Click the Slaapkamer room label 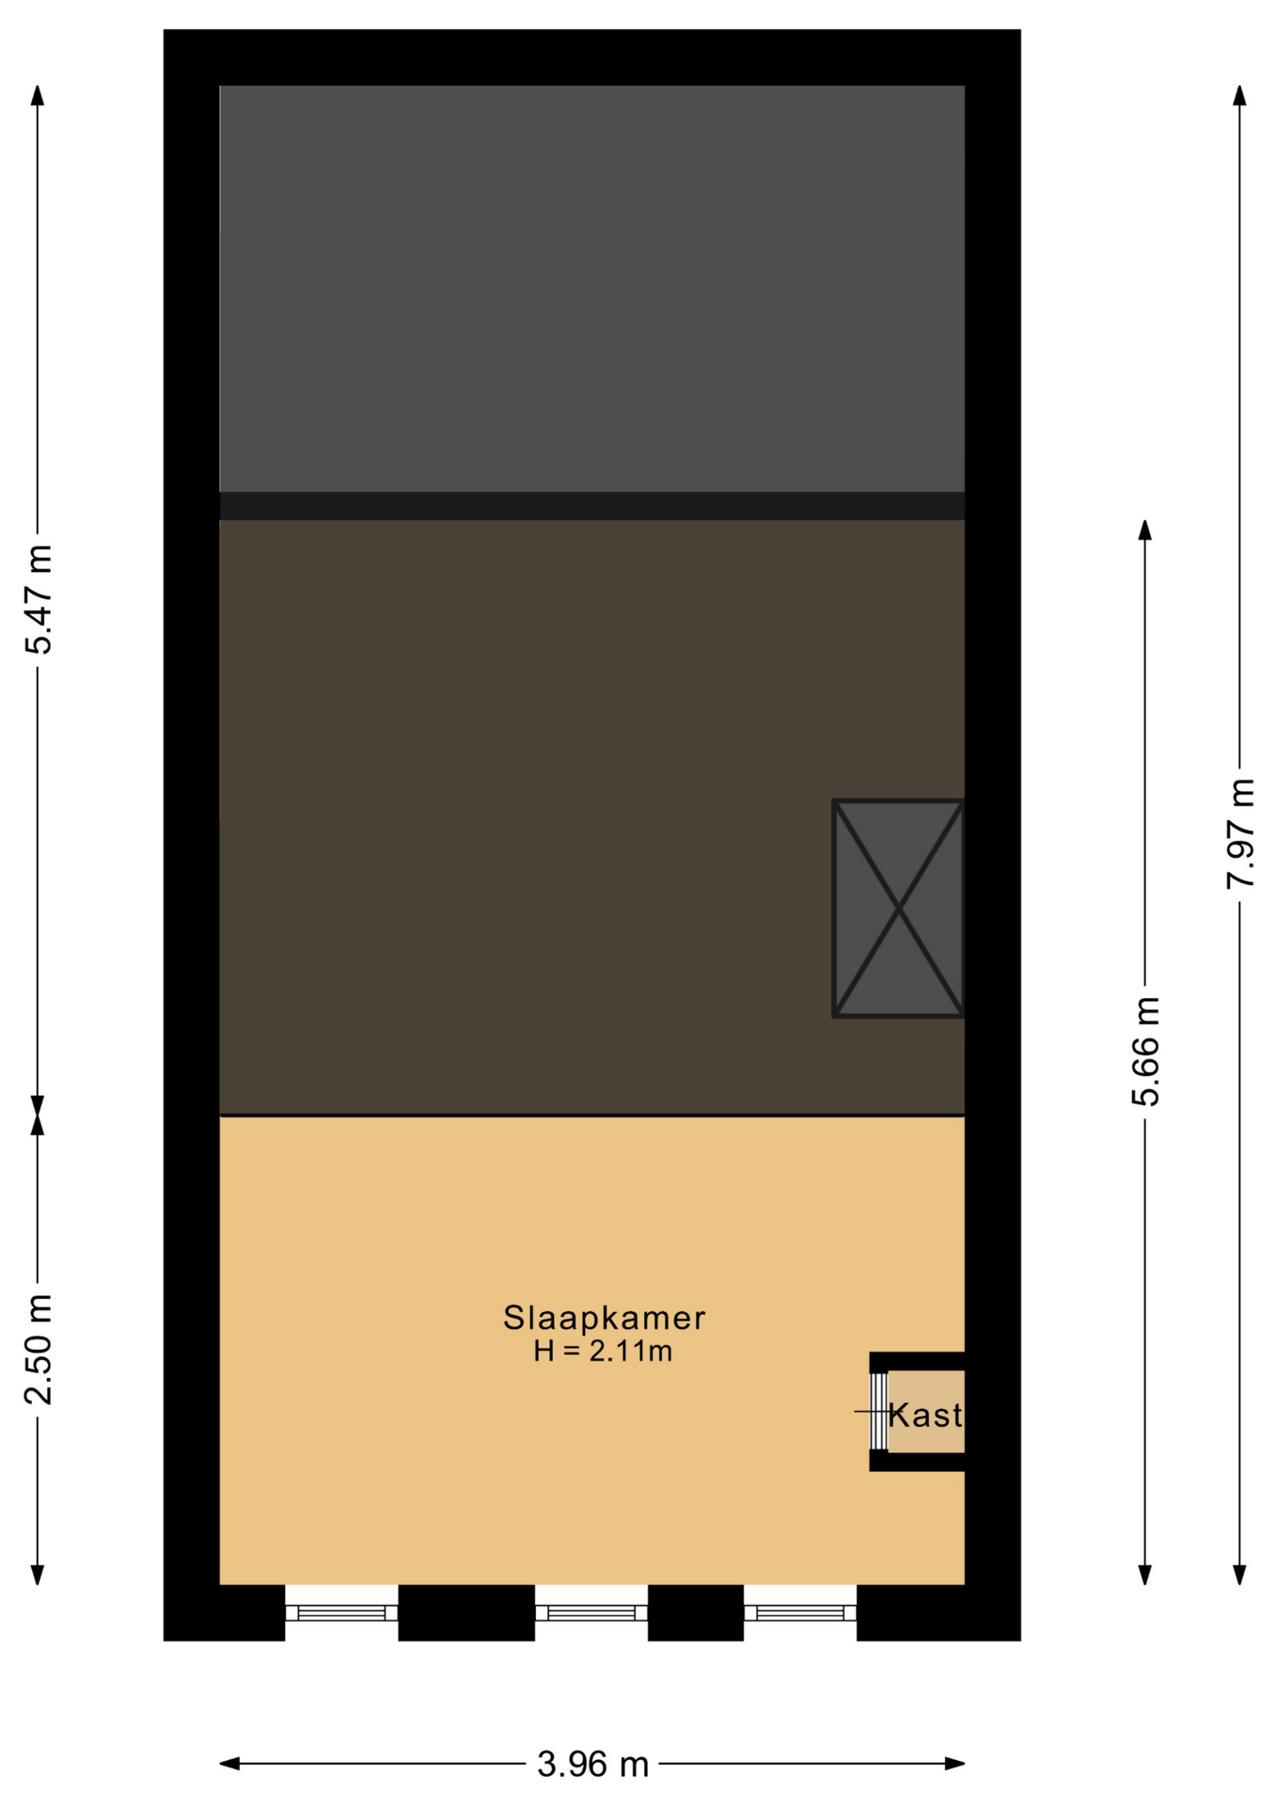(x=604, y=1318)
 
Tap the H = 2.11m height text (x=603, y=1352)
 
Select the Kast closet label (x=925, y=1415)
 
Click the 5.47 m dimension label (x=39, y=598)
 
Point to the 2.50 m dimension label (x=39, y=1349)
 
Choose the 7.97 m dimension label (x=1240, y=832)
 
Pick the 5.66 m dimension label (x=1145, y=1051)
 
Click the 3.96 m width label (x=592, y=1764)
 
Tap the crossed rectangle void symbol (x=899, y=909)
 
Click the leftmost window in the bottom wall (x=341, y=1613)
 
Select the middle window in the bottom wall (x=591, y=1613)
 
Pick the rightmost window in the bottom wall (x=800, y=1613)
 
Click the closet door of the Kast (x=878, y=1411)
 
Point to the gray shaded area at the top (x=592, y=289)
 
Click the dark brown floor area (x=592, y=817)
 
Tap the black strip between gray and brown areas (x=592, y=506)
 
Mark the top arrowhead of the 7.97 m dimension (x=1239, y=95)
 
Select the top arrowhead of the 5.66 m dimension (x=1144, y=530)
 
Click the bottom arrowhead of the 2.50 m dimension (x=38, y=1575)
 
